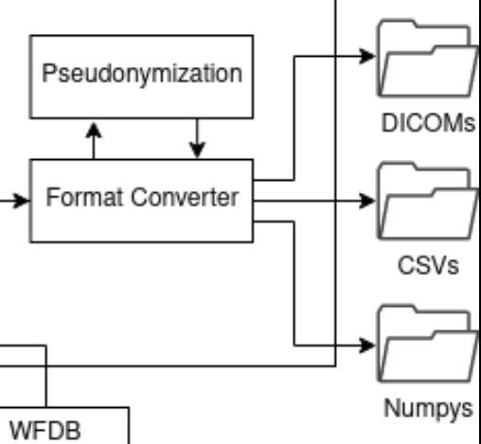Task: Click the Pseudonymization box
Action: [142, 74]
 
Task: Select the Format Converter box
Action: [142, 200]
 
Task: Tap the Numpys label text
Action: [428, 409]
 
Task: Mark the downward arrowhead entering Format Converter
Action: [196, 151]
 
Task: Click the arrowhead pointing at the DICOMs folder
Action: [367, 55]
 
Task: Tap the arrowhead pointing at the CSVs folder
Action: [367, 201]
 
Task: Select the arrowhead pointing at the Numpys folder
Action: [367, 345]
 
